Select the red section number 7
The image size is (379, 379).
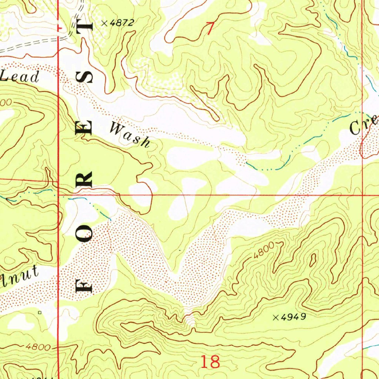(x=210, y=28)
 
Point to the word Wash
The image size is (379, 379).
(x=130, y=135)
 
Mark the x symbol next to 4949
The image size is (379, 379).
(x=275, y=317)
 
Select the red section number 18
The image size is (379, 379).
(x=210, y=362)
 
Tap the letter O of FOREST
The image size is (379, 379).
(x=84, y=234)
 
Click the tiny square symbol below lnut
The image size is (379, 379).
(x=40, y=313)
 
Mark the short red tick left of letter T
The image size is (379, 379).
(x=59, y=27)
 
